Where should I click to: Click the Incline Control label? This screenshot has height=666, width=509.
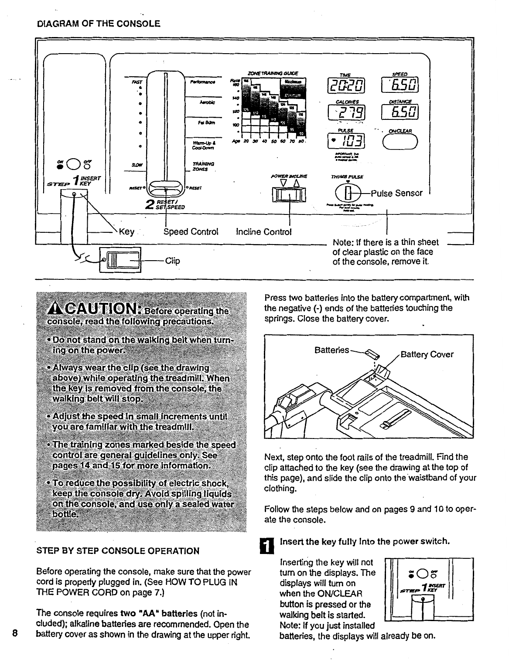click(263, 231)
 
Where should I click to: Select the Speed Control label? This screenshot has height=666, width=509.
click(191, 231)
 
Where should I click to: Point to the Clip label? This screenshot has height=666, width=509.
click(173, 261)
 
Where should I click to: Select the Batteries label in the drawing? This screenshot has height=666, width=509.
click(331, 350)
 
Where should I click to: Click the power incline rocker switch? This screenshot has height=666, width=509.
click(289, 193)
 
